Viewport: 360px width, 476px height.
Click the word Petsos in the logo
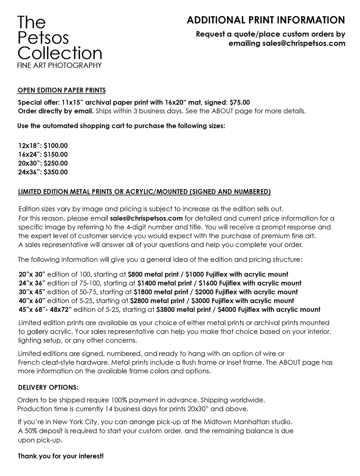[43, 38]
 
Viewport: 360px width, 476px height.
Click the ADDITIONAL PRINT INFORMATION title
[266, 20]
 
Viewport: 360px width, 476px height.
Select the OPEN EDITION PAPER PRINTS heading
[62, 90]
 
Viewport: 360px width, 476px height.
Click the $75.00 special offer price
[240, 102]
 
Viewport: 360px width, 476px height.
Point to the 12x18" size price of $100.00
[56, 146]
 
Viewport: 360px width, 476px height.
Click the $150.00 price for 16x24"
[56, 154]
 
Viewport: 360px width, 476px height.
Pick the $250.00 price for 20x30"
[56, 163]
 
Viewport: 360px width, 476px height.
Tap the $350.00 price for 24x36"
[56, 172]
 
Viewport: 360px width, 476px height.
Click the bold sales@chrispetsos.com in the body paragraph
[146, 218]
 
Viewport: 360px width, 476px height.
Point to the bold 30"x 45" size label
[32, 292]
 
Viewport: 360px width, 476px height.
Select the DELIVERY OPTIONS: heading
[48, 388]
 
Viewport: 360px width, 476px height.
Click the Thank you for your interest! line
[61, 456]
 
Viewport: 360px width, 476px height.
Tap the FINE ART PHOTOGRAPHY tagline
[59, 65]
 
